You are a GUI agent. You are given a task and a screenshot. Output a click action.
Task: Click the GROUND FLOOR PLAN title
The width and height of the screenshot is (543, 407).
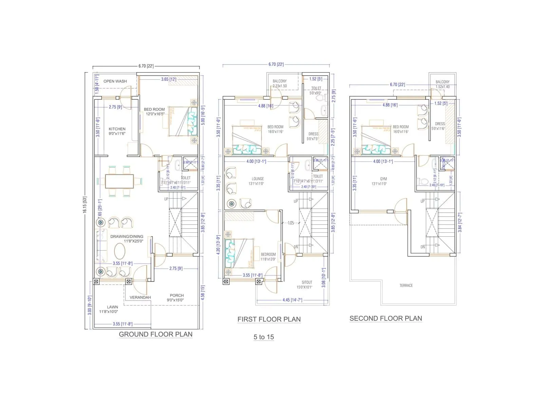155,334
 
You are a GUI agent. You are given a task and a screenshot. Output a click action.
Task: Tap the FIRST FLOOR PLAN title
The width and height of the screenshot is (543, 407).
269,319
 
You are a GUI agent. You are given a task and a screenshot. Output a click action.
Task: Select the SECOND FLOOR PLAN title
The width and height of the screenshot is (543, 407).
386,318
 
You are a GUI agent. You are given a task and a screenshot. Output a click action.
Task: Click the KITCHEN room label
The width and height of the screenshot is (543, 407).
117,129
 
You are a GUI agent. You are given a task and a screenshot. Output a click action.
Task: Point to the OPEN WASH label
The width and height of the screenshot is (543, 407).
115,81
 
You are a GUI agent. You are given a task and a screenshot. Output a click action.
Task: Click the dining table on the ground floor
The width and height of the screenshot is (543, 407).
119,181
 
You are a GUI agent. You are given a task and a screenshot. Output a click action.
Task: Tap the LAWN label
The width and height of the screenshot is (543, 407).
112,307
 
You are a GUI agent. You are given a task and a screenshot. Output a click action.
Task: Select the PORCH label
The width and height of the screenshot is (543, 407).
177,295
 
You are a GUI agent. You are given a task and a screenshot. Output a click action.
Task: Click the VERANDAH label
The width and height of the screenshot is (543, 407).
140,297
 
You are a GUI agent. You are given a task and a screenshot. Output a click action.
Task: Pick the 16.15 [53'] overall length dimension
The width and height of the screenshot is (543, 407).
85,205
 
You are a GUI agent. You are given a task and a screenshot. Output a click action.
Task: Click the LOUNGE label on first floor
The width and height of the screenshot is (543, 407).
258,179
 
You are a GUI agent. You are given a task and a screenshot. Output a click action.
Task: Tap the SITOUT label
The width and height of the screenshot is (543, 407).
307,282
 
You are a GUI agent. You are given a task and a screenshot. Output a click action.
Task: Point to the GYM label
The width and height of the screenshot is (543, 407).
383,179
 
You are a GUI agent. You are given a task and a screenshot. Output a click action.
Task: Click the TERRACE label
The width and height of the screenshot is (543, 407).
406,286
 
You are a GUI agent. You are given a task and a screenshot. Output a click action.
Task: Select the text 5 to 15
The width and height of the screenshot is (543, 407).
264,337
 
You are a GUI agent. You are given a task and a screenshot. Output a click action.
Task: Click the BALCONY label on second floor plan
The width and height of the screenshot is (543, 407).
443,82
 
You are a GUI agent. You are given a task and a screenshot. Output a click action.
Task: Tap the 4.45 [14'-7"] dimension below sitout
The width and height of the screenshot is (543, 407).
292,300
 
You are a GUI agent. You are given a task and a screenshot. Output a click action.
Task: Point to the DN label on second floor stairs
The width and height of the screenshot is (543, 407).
423,247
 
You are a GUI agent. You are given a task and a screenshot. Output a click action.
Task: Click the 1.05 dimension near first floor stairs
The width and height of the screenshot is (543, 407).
291,223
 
